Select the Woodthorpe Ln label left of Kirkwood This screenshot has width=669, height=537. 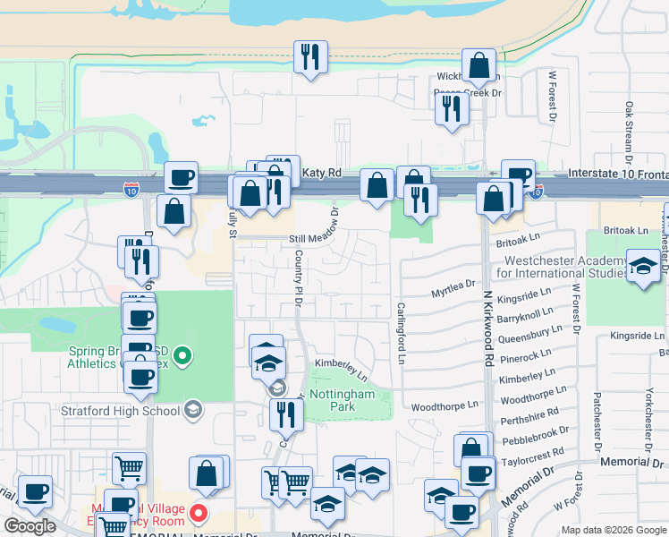(445, 405)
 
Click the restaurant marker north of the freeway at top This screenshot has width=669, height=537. (310, 57)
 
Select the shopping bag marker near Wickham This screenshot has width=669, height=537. (479, 65)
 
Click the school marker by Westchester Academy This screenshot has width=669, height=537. (642, 267)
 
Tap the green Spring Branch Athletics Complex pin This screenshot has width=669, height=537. (183, 356)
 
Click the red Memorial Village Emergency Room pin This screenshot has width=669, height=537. (199, 515)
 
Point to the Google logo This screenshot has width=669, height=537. (30, 526)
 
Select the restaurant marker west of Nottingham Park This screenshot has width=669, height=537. (286, 413)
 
